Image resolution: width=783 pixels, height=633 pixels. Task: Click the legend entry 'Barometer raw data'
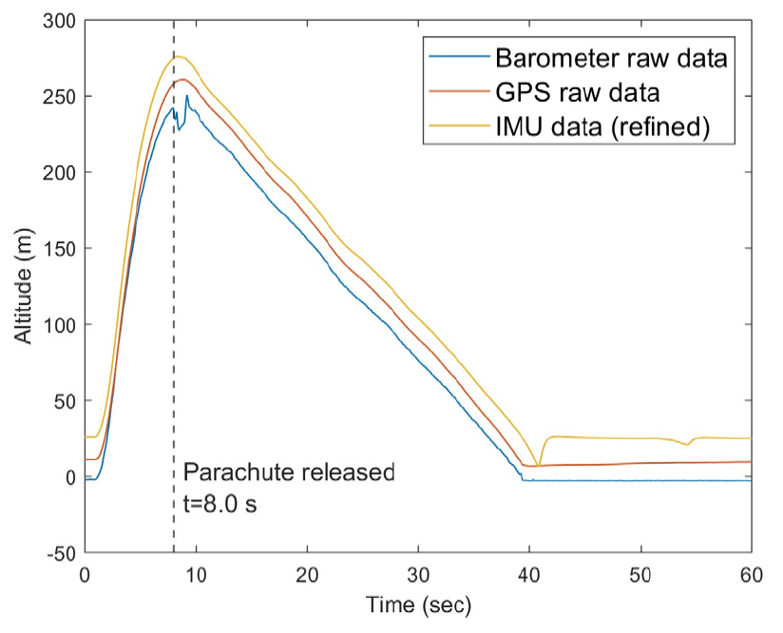[611, 59]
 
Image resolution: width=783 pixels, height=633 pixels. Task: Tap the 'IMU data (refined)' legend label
[602, 126]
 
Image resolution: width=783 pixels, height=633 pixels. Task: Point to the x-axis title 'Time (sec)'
[418, 604]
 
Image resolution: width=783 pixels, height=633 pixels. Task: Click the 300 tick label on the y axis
[58, 20]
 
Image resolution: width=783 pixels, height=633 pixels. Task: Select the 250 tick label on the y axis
[58, 96]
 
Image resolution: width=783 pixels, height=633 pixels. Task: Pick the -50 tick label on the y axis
[58, 553]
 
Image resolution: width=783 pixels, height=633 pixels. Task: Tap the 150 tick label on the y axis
[58, 248]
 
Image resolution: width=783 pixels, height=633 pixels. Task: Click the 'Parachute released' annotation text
[288, 472]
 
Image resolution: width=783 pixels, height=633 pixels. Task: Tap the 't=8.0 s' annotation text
[220, 504]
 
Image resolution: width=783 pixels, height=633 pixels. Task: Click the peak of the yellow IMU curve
[177, 56]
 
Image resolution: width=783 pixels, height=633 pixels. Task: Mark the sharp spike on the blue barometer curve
[187, 95]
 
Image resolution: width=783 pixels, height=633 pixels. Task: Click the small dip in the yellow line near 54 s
[687, 444]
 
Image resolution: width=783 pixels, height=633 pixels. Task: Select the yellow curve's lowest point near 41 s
[538, 466]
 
